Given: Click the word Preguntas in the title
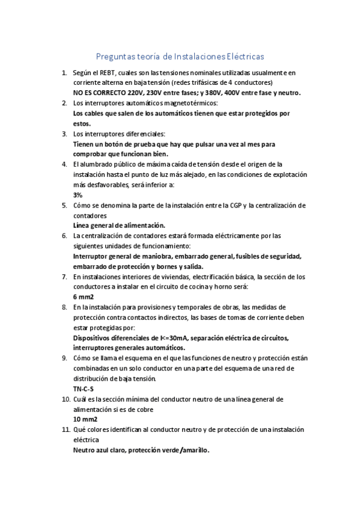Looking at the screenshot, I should click(x=116, y=57).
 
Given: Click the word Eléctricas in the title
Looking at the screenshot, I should click(x=243, y=57).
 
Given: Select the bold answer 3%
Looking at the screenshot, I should click(x=78, y=195).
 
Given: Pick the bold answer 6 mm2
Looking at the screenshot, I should click(x=84, y=296).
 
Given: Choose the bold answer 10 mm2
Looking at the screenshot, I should click(x=85, y=419).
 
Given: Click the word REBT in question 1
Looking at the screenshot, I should click(x=106, y=72).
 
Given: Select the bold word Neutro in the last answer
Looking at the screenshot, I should click(x=84, y=450).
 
